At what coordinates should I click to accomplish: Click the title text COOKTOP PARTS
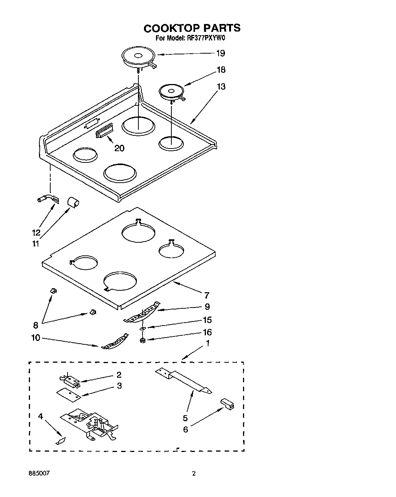[192, 28]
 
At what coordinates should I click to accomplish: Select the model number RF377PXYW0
[203, 38]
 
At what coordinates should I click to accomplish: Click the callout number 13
[221, 87]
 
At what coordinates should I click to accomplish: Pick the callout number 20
[119, 148]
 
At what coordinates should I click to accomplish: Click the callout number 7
[207, 295]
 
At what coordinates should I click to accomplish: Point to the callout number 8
[36, 325]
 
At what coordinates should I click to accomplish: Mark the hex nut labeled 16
[142, 341]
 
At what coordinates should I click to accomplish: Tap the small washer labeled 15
[142, 328]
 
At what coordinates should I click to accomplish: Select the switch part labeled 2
[71, 381]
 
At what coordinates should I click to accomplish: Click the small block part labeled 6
[227, 404]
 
